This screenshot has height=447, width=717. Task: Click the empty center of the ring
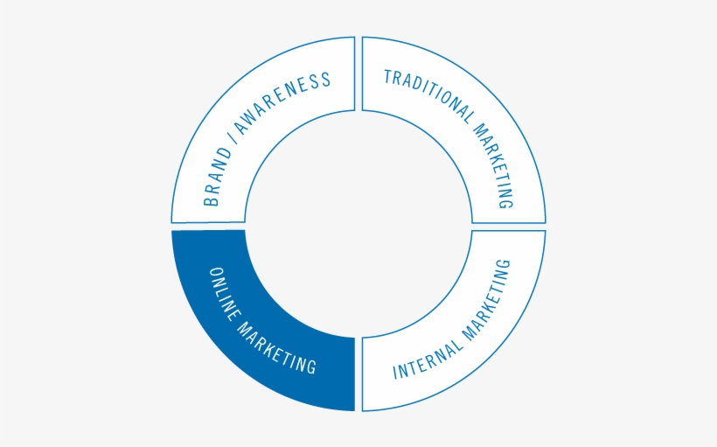click(358, 224)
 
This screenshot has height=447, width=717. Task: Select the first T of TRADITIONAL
click(386, 76)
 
